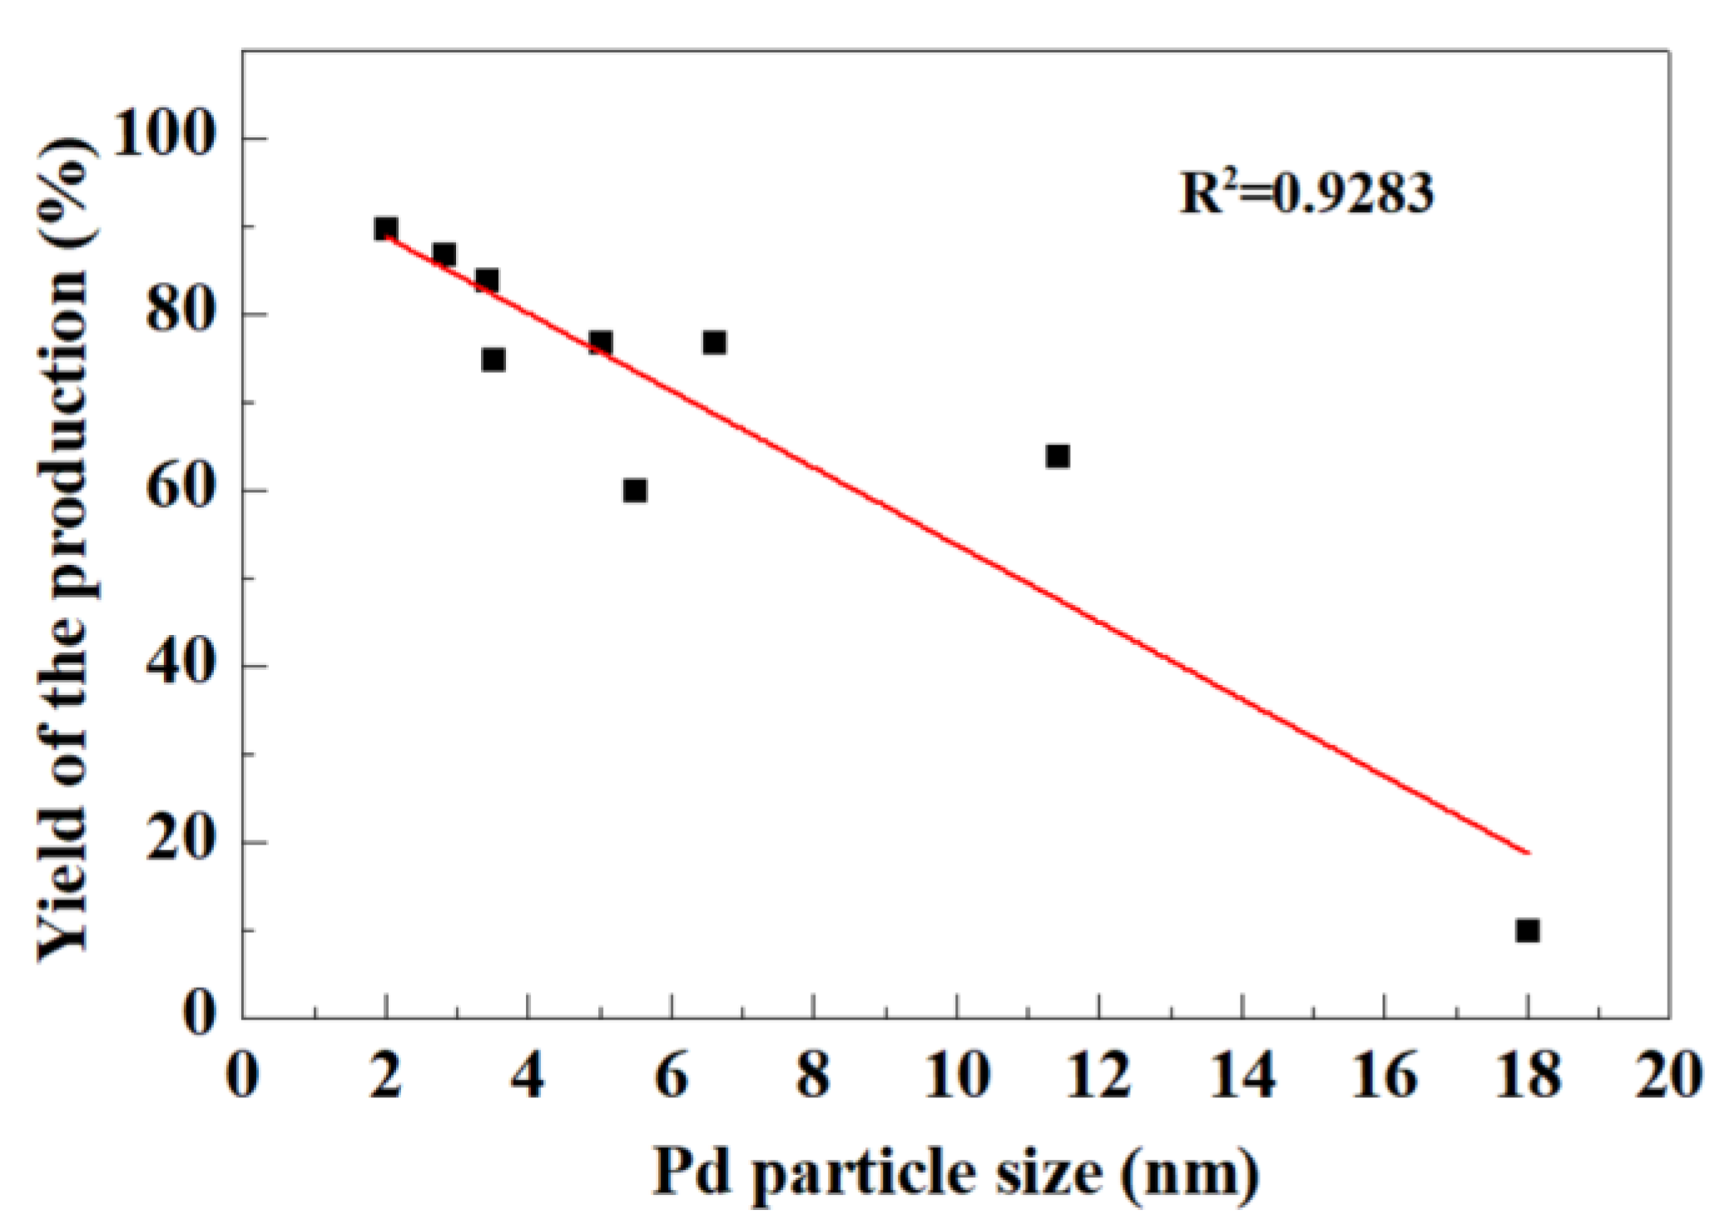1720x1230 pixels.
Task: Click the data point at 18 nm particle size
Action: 1527,930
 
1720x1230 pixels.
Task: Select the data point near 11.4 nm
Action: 1057,456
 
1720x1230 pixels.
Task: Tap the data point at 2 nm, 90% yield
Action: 385,228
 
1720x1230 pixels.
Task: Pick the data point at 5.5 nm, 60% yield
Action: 635,490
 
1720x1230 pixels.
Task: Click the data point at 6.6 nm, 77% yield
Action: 714,342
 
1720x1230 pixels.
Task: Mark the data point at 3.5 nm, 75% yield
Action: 493,360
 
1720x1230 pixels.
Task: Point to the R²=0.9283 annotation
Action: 1306,193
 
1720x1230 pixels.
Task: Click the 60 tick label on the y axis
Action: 178,490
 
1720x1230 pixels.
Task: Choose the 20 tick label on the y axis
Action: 178,842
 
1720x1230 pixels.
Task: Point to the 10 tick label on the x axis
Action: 957,1076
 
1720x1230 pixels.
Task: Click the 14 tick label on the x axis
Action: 1242,1076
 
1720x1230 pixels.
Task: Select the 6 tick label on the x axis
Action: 671,1076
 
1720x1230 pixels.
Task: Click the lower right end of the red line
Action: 1527,852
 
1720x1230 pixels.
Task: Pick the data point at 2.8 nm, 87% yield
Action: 444,254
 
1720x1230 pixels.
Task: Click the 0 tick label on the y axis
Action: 198,1017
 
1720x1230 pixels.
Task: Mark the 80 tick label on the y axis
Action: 178,315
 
